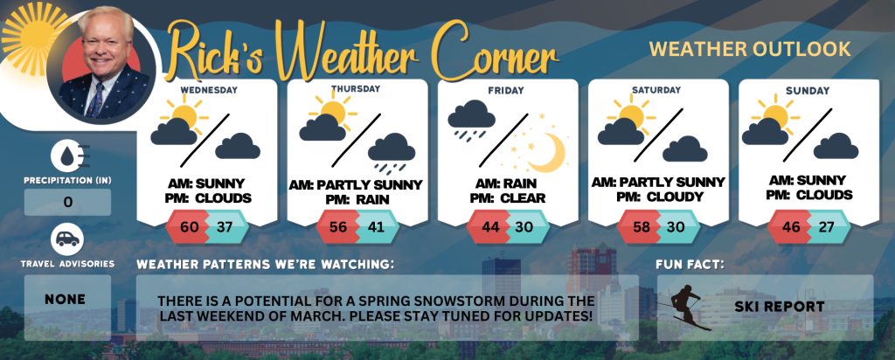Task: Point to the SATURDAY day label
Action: point(656,90)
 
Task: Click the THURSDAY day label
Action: point(356,89)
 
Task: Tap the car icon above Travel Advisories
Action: point(67,239)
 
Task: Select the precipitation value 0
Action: point(68,202)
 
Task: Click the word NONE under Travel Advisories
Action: point(65,299)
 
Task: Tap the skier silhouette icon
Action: point(685,307)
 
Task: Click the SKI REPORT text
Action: point(779,307)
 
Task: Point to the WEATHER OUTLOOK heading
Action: point(750,49)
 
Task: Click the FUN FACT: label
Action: point(690,265)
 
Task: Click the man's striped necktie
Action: point(95,100)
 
